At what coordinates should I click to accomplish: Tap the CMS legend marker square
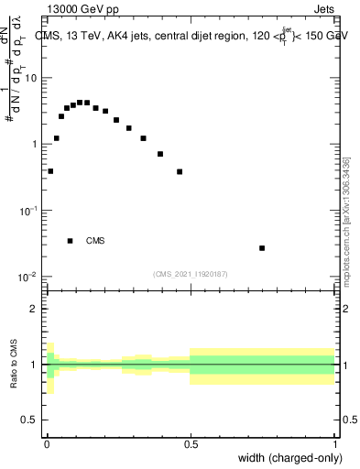click(x=71, y=241)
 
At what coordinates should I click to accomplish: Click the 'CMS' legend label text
click(x=94, y=241)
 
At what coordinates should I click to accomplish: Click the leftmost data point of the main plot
click(x=50, y=171)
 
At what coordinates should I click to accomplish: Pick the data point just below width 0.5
click(x=180, y=171)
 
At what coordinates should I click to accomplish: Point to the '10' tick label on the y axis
click(x=31, y=78)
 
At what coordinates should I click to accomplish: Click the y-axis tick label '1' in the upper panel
click(x=35, y=145)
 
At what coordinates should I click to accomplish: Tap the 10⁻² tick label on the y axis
click(x=28, y=277)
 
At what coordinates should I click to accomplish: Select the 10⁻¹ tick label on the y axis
click(x=28, y=211)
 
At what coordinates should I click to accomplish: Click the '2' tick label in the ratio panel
click(x=35, y=309)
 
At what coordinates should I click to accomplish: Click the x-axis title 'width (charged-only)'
click(x=290, y=458)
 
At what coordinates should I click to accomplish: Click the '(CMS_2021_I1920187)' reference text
click(x=190, y=272)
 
